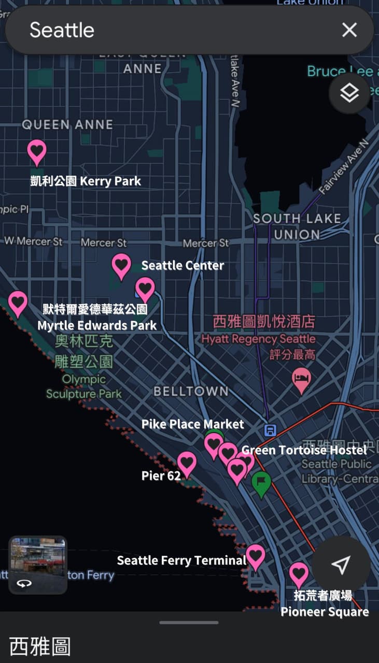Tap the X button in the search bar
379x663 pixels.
(349, 30)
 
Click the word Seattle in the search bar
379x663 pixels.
(62, 30)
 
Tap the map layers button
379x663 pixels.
(349, 94)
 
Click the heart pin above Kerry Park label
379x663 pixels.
(37, 151)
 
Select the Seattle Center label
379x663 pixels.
(183, 266)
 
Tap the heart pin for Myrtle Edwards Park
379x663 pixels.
(18, 302)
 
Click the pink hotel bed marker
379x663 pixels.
(301, 380)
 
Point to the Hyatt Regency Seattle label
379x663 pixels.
(258, 339)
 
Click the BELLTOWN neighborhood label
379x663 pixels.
(191, 392)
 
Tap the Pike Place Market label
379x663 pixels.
(192, 424)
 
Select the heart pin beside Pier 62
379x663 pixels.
(187, 463)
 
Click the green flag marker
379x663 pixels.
(261, 483)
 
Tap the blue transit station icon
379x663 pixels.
(270, 430)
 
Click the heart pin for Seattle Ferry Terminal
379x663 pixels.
(256, 556)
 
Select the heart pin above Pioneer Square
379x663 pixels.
(299, 573)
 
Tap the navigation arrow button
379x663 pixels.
(340, 565)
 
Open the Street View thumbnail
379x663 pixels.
(38, 565)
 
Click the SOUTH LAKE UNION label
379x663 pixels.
(297, 226)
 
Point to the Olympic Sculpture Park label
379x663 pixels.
(83, 386)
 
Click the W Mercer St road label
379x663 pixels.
(33, 241)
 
